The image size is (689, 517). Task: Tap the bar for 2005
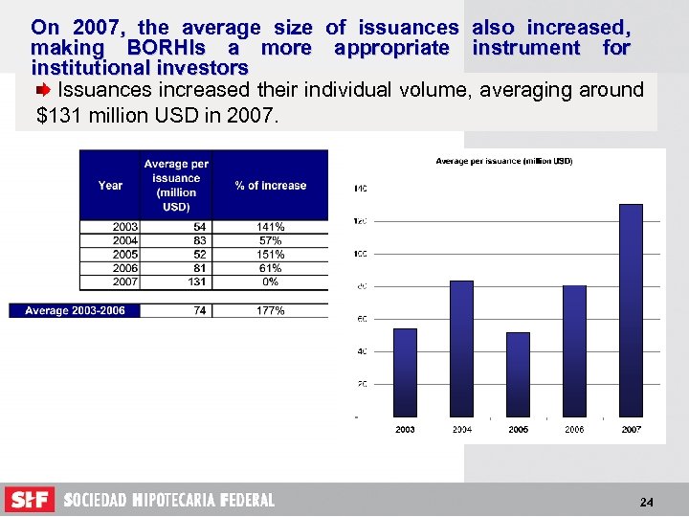pyautogui.click(x=518, y=373)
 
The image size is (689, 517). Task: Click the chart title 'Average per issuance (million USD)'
pyautogui.click(x=504, y=161)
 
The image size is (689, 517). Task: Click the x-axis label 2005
pyautogui.click(x=518, y=430)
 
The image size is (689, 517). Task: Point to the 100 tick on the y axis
pyautogui.click(x=360, y=254)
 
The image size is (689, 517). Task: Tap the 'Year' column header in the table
pyautogui.click(x=110, y=186)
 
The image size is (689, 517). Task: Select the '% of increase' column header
pyautogui.click(x=270, y=186)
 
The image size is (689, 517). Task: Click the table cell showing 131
pyautogui.click(x=197, y=282)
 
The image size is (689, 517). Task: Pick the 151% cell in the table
pyautogui.click(x=270, y=255)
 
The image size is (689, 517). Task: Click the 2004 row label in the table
pyautogui.click(x=123, y=240)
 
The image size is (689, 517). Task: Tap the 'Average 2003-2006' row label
pyautogui.click(x=75, y=311)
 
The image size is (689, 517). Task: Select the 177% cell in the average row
pyautogui.click(x=270, y=311)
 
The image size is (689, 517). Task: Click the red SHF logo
pyautogui.click(x=30, y=500)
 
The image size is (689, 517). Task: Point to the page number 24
pyautogui.click(x=646, y=503)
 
